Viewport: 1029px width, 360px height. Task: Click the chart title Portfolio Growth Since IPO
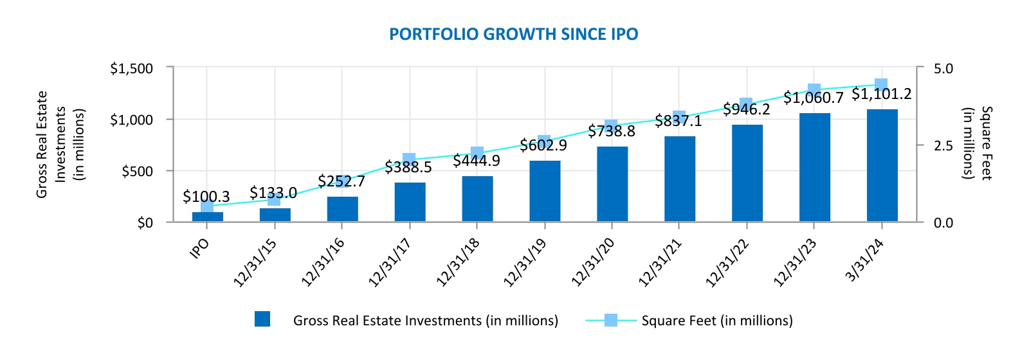point(513,34)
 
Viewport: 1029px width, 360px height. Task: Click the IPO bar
point(208,217)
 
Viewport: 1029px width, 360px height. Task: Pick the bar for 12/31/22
point(747,173)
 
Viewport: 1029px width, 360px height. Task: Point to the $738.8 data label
point(611,131)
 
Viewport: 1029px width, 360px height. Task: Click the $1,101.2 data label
point(881,94)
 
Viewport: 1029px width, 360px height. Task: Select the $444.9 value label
point(476,161)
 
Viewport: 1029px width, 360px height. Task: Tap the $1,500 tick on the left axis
point(131,68)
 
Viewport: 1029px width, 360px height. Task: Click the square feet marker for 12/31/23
point(814,90)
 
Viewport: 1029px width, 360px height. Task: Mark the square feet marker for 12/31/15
point(275,199)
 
